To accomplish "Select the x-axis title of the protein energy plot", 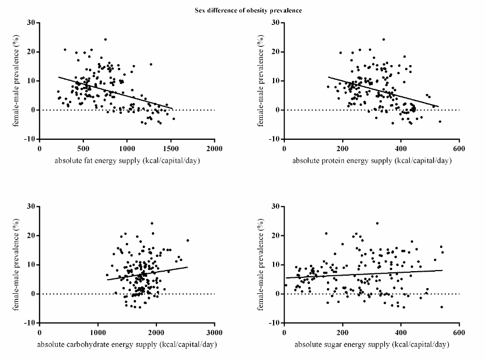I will pyautogui.click(x=372, y=160).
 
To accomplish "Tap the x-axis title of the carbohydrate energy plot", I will pyautogui.click(x=127, y=344).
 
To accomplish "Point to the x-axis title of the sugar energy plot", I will pyautogui.click(x=372, y=344).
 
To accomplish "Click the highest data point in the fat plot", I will pyautogui.click(x=105, y=40).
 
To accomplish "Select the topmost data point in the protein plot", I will pyautogui.click(x=384, y=40).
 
